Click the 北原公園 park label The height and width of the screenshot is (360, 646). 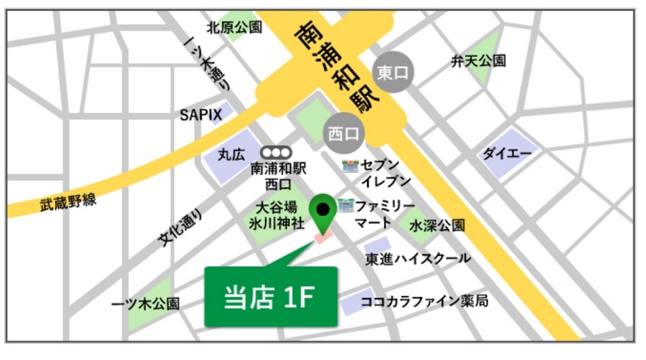234,28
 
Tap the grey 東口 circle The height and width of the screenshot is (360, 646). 394,72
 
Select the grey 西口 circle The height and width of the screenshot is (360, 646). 344,132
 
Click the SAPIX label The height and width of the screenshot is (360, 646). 201,115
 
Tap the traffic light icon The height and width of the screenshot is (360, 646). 276,152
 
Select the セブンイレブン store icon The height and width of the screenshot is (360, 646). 350,166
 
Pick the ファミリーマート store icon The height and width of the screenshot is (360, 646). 346,206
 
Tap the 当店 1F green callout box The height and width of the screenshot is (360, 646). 270,296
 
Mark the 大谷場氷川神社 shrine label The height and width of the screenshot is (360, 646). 277,215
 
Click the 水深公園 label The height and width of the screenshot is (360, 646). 437,226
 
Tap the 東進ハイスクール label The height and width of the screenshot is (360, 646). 418,259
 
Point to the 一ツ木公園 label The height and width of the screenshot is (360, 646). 145,304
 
